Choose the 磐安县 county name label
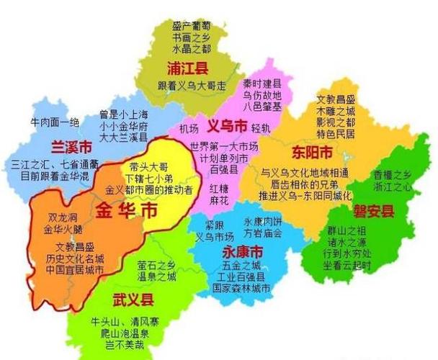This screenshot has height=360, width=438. pos(373,210)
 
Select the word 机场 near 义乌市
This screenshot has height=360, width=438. pos(189,129)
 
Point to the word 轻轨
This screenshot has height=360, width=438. pos(261,128)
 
